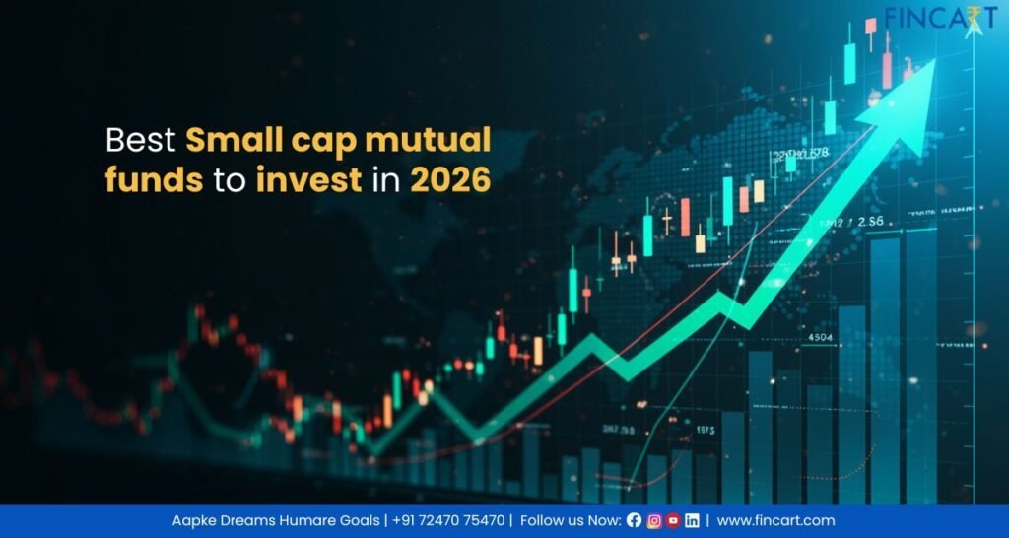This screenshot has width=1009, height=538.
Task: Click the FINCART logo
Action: pyautogui.click(x=941, y=19)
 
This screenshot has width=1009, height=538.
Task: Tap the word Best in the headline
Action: pyautogui.click(x=141, y=141)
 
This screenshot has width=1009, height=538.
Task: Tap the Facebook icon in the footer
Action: pyautogui.click(x=634, y=520)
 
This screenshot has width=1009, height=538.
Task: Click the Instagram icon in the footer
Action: pyautogui.click(x=653, y=520)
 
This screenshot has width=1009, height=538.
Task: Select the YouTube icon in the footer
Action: pyautogui.click(x=673, y=520)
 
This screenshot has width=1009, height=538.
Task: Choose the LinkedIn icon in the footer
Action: pyautogui.click(x=693, y=520)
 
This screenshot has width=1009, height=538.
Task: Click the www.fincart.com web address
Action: pyautogui.click(x=775, y=520)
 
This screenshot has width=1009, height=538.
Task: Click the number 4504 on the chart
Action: pyautogui.click(x=820, y=338)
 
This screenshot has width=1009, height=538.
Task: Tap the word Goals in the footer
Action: pyautogui.click(x=356, y=520)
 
